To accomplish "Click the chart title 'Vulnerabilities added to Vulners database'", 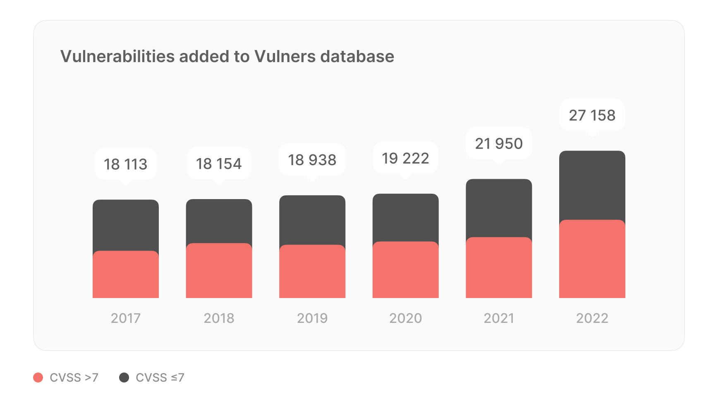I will pyautogui.click(x=227, y=57).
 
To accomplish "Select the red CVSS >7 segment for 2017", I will pyautogui.click(x=126, y=274).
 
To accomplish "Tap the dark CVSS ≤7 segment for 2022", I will pyautogui.click(x=592, y=185).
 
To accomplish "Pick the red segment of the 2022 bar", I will pyautogui.click(x=592, y=259).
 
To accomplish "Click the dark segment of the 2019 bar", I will pyautogui.click(x=312, y=220).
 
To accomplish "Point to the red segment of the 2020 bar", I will pyautogui.click(x=405, y=270).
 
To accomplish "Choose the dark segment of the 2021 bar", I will pyautogui.click(x=499, y=208).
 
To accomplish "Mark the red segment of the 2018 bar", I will pyautogui.click(x=219, y=271).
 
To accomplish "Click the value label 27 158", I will pyautogui.click(x=592, y=115).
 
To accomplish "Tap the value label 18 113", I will pyautogui.click(x=126, y=164).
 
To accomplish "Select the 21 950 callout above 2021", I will pyautogui.click(x=499, y=144).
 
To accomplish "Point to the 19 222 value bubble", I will pyautogui.click(x=405, y=158).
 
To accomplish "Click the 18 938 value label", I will pyautogui.click(x=312, y=160).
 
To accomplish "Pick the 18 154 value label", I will pyautogui.click(x=219, y=164).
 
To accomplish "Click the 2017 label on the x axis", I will pyautogui.click(x=126, y=318).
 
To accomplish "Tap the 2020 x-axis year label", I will pyautogui.click(x=405, y=318).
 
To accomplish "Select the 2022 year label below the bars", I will pyautogui.click(x=592, y=318).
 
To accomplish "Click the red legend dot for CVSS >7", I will pyautogui.click(x=38, y=378).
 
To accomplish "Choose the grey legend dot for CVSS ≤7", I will pyautogui.click(x=124, y=378).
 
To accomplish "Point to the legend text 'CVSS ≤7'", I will pyautogui.click(x=160, y=378).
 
